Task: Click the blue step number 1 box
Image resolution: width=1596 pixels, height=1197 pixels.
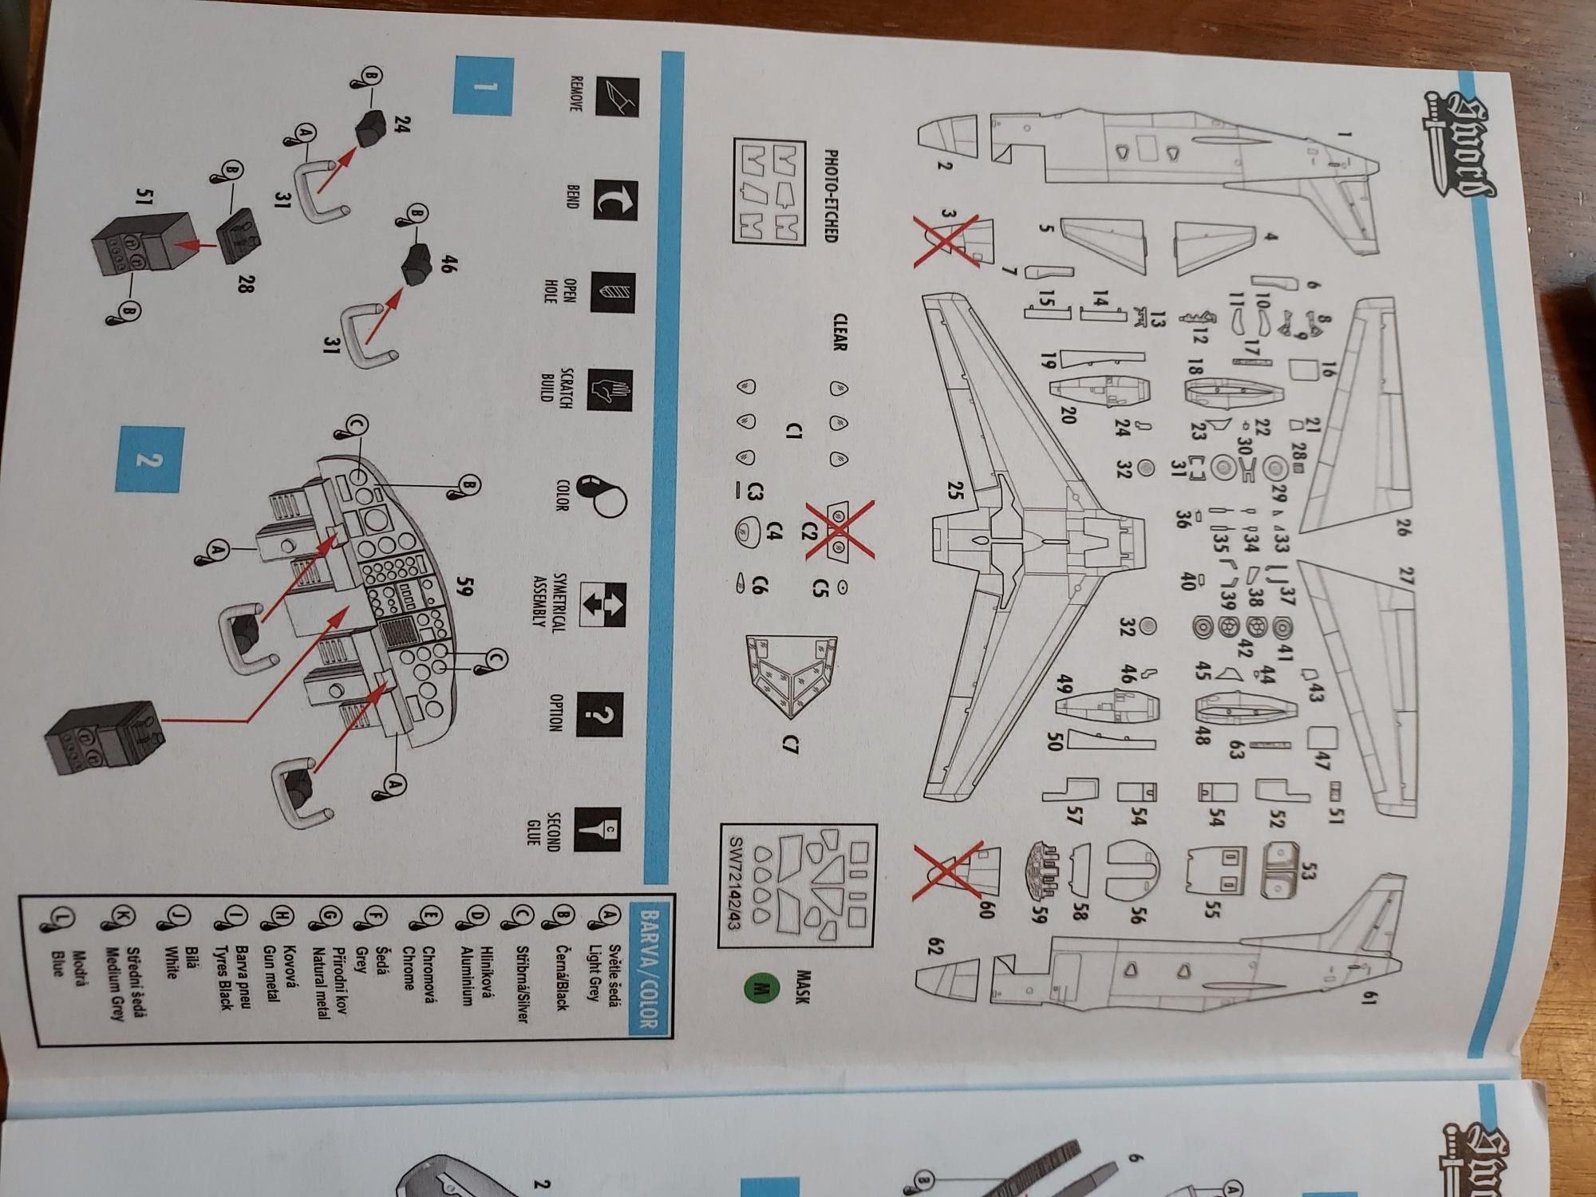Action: pos(482,85)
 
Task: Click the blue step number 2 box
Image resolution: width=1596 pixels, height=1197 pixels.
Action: pos(149,459)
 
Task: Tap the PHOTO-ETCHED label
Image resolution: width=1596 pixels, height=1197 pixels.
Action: pos(830,196)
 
